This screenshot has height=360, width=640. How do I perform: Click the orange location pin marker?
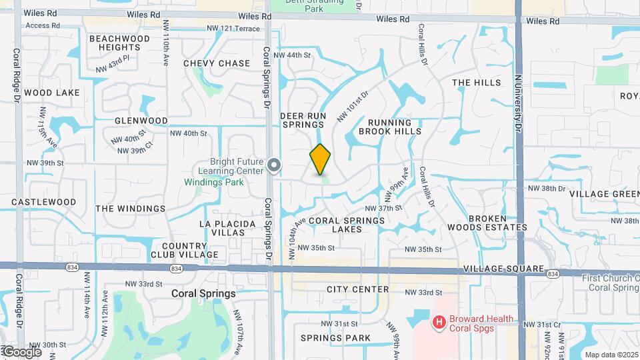320,159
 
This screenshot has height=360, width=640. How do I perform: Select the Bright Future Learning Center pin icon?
274,165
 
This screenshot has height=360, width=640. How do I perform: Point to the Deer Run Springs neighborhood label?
303,120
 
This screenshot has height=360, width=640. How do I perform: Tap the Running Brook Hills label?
390,127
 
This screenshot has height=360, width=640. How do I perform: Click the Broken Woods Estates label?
497,223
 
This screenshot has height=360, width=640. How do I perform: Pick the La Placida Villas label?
228,228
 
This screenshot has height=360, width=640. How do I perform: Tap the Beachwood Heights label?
119,43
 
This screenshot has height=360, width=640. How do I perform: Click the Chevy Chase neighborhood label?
217,63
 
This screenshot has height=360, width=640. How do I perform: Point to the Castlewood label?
44,201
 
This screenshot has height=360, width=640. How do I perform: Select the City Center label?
358,289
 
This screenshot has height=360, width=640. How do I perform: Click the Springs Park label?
335,338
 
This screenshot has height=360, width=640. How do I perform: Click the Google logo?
21,352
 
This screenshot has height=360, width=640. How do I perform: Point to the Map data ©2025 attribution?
611,355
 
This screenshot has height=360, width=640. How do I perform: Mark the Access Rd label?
43,25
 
